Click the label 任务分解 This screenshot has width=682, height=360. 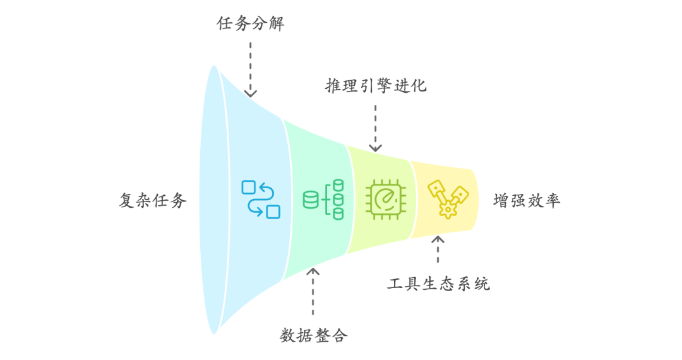pyautogui.click(x=250, y=24)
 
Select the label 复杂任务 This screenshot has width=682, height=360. pyautogui.click(x=153, y=201)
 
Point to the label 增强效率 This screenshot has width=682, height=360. pyautogui.click(x=527, y=201)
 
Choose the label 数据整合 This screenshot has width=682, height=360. pyautogui.click(x=313, y=335)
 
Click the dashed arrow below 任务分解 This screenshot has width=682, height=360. pyautogui.click(x=251, y=69)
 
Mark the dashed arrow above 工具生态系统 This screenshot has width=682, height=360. pyautogui.click(x=438, y=249)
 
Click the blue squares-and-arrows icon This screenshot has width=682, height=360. pyautogui.click(x=260, y=199)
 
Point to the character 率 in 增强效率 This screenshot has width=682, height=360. pyautogui.click(x=553, y=201)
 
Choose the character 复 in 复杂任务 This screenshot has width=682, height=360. pyautogui.click(x=128, y=201)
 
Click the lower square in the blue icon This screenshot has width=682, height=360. pyautogui.click(x=273, y=212)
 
